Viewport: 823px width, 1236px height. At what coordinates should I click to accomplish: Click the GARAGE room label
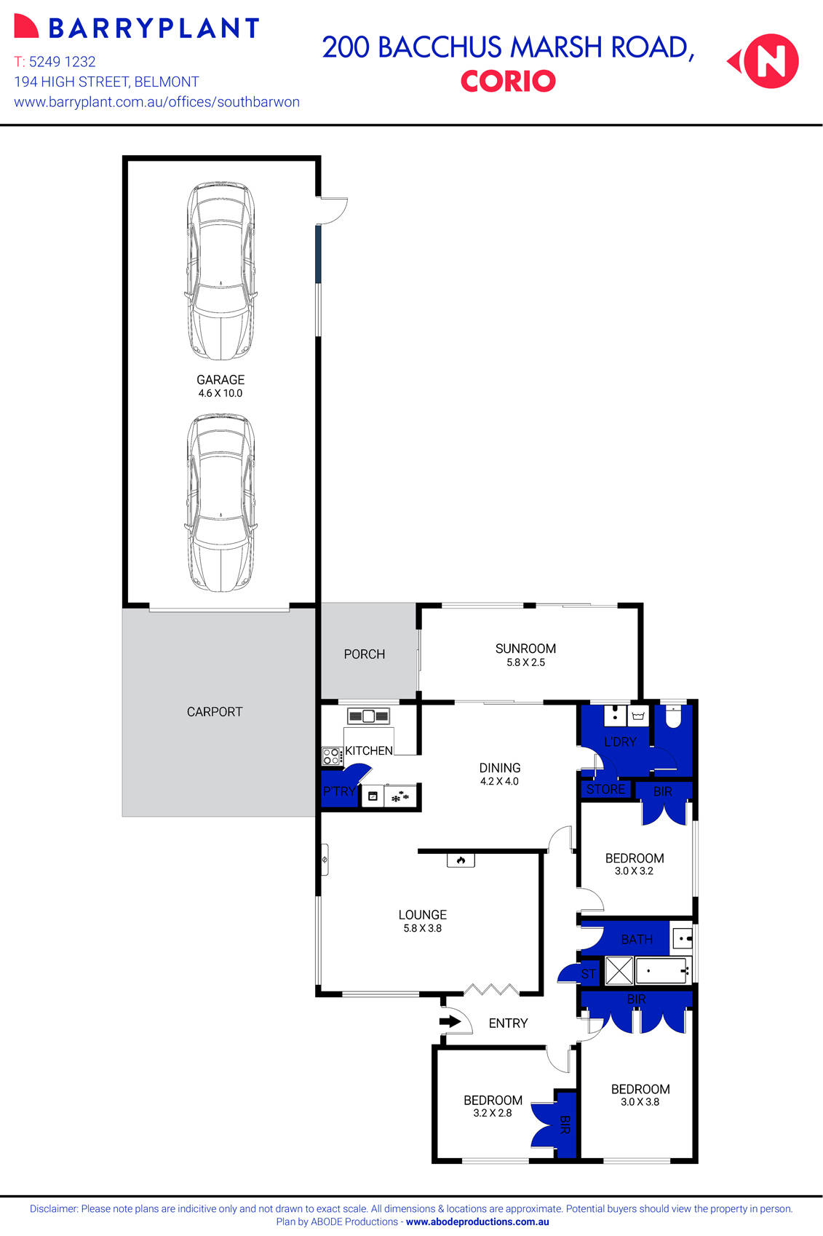pos(220,379)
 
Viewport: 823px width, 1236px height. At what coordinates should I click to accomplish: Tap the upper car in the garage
pos(220,271)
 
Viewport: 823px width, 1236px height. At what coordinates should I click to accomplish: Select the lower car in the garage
pos(220,503)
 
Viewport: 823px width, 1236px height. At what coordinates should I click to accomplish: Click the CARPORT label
pos(214,712)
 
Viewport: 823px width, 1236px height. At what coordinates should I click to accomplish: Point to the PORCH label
pos(364,654)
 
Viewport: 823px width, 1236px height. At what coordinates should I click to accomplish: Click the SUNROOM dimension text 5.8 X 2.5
pos(525,662)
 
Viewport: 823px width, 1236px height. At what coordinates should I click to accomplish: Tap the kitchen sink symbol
pos(368,716)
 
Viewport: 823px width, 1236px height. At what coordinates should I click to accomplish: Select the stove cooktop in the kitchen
pos(332,756)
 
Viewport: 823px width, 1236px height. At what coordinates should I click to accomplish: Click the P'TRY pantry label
pos(339,791)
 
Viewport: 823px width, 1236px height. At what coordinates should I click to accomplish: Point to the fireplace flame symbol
pos(461,860)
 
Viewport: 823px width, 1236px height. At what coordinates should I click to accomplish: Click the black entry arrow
pos(450,1021)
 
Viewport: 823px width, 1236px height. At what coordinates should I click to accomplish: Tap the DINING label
pos(499,768)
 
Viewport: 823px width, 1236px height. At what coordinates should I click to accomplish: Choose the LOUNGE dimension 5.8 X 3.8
pos(422,928)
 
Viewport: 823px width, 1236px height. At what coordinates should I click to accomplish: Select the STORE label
pos(605,789)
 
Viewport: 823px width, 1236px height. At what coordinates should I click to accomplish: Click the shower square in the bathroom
pos(619,970)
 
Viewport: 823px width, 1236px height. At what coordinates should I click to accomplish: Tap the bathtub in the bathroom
pos(661,970)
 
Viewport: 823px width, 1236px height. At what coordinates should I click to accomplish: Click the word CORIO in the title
pos(508,81)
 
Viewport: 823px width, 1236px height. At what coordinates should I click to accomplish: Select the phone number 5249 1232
pos(62,62)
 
